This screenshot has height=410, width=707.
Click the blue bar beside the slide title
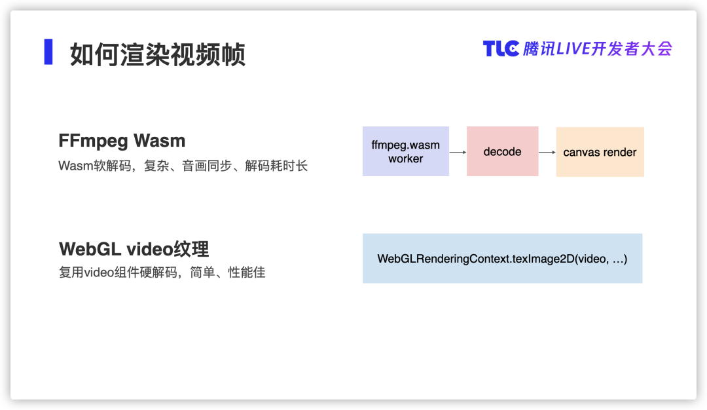[48, 52]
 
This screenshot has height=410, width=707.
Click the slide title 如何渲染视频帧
[158, 54]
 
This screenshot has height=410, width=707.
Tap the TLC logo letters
[501, 48]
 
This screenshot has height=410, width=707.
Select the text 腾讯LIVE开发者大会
[598, 48]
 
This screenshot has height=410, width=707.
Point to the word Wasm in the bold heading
[160, 141]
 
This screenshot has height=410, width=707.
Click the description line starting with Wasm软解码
[183, 166]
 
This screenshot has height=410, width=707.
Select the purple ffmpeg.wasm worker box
[406, 151]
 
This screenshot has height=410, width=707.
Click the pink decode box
[502, 151]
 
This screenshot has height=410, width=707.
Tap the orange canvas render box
[600, 152]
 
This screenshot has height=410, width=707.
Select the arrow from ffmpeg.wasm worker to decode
[458, 153]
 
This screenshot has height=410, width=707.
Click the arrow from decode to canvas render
[547, 153]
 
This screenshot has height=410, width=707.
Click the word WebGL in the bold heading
[90, 249]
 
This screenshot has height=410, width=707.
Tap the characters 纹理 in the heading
[192, 249]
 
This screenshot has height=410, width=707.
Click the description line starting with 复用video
[162, 272]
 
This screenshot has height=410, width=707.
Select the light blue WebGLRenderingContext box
[502, 259]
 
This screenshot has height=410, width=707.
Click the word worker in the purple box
[406, 158]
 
